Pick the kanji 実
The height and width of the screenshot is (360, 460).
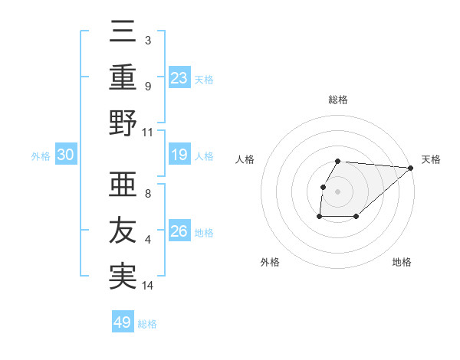pyautogui.click(x=123, y=276)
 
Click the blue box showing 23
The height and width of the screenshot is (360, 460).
pyautogui.click(x=179, y=77)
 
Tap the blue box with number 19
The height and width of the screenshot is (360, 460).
pyautogui.click(x=179, y=155)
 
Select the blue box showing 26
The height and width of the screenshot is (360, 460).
pyautogui.click(x=179, y=231)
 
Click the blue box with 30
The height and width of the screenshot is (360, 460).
pyautogui.click(x=66, y=155)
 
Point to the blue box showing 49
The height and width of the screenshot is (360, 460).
pyautogui.click(x=123, y=322)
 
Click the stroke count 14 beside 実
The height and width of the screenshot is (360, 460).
pyautogui.click(x=148, y=286)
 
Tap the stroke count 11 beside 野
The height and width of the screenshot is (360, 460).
pyautogui.click(x=148, y=132)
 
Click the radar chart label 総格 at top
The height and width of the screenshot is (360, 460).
pyautogui.click(x=338, y=100)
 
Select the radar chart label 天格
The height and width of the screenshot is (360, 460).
pyautogui.click(x=432, y=159)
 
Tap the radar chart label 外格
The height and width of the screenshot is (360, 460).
pyautogui.click(x=270, y=263)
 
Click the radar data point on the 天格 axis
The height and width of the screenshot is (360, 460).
pyautogui.click(x=411, y=168)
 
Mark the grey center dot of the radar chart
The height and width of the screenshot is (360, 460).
pyautogui.click(x=338, y=191)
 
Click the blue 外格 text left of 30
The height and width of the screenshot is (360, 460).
pyautogui.click(x=41, y=155)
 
